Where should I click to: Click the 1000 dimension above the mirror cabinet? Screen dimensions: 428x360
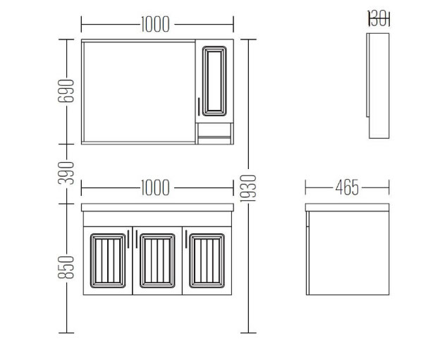pos(155,24)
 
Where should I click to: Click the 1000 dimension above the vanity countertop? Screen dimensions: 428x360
pos(155,187)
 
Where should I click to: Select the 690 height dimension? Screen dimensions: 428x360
pos(66,91)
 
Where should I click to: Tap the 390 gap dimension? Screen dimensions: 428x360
pos(66,173)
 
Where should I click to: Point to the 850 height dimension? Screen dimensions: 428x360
pos(66,267)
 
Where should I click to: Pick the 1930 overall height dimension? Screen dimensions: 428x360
pos(248,189)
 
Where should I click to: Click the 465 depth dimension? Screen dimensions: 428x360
pos(347,187)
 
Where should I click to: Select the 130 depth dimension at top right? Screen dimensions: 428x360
pos(379,18)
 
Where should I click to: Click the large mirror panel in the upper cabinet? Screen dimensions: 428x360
pos(139,92)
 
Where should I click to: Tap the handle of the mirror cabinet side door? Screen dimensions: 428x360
pos(199,106)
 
